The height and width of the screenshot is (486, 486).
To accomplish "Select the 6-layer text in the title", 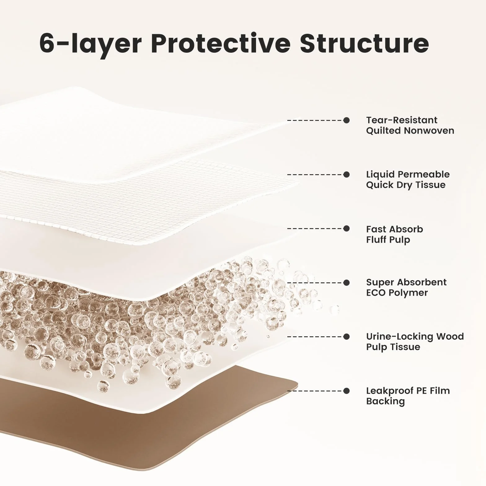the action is (91, 44).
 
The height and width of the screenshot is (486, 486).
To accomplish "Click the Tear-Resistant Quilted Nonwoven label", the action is (410, 125).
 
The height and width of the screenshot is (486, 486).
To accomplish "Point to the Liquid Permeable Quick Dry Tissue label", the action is (408, 179).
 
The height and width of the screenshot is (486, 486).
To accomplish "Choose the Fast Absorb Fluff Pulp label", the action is (394, 234).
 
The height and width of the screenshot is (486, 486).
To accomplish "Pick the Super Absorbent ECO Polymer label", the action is (406, 288).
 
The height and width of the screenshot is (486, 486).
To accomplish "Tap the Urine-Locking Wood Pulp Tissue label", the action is (415, 342).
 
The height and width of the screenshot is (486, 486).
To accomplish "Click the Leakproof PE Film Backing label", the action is (408, 396).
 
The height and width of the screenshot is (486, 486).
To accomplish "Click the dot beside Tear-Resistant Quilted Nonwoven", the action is (347, 120).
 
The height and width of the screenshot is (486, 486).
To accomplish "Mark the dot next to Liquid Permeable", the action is (347, 175).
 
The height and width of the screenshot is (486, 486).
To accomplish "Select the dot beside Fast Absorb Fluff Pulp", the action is (347, 229).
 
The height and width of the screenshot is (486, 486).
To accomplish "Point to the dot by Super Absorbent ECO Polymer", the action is (347, 283).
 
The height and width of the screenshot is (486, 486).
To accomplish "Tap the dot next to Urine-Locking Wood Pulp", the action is (347, 337).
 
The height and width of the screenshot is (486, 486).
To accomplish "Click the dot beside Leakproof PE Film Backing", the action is (347, 391).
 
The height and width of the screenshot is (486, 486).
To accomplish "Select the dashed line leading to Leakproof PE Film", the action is (316, 391).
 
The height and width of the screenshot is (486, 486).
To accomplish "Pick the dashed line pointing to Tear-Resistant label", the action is (316, 120).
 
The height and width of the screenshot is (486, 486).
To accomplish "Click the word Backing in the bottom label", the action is (385, 401).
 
